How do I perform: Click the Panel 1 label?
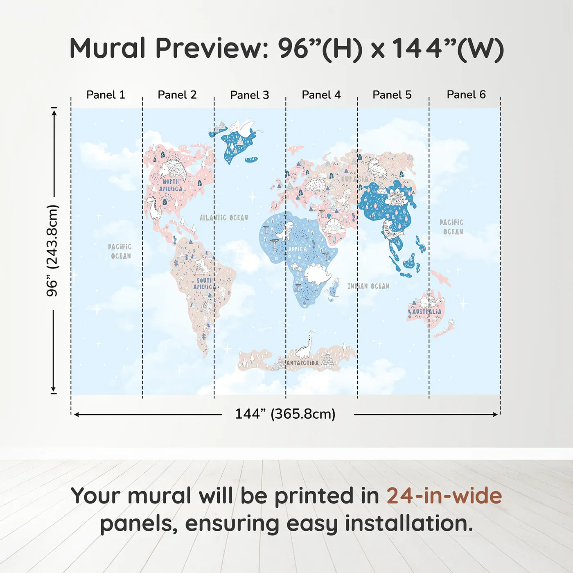click(106, 95)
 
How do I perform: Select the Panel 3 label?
click(250, 95)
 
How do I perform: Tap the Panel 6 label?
click(466, 95)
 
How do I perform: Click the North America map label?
click(171, 185)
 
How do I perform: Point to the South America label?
click(205, 284)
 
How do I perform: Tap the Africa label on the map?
click(298, 248)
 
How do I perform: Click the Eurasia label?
click(354, 179)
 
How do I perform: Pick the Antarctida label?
click(302, 363)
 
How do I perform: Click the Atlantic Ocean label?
click(223, 218)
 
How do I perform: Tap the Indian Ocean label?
click(368, 286)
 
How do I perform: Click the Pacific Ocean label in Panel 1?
click(120, 251)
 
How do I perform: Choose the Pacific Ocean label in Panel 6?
click(452, 227)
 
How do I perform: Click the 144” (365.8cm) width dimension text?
click(285, 414)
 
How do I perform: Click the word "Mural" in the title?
click(107, 48)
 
